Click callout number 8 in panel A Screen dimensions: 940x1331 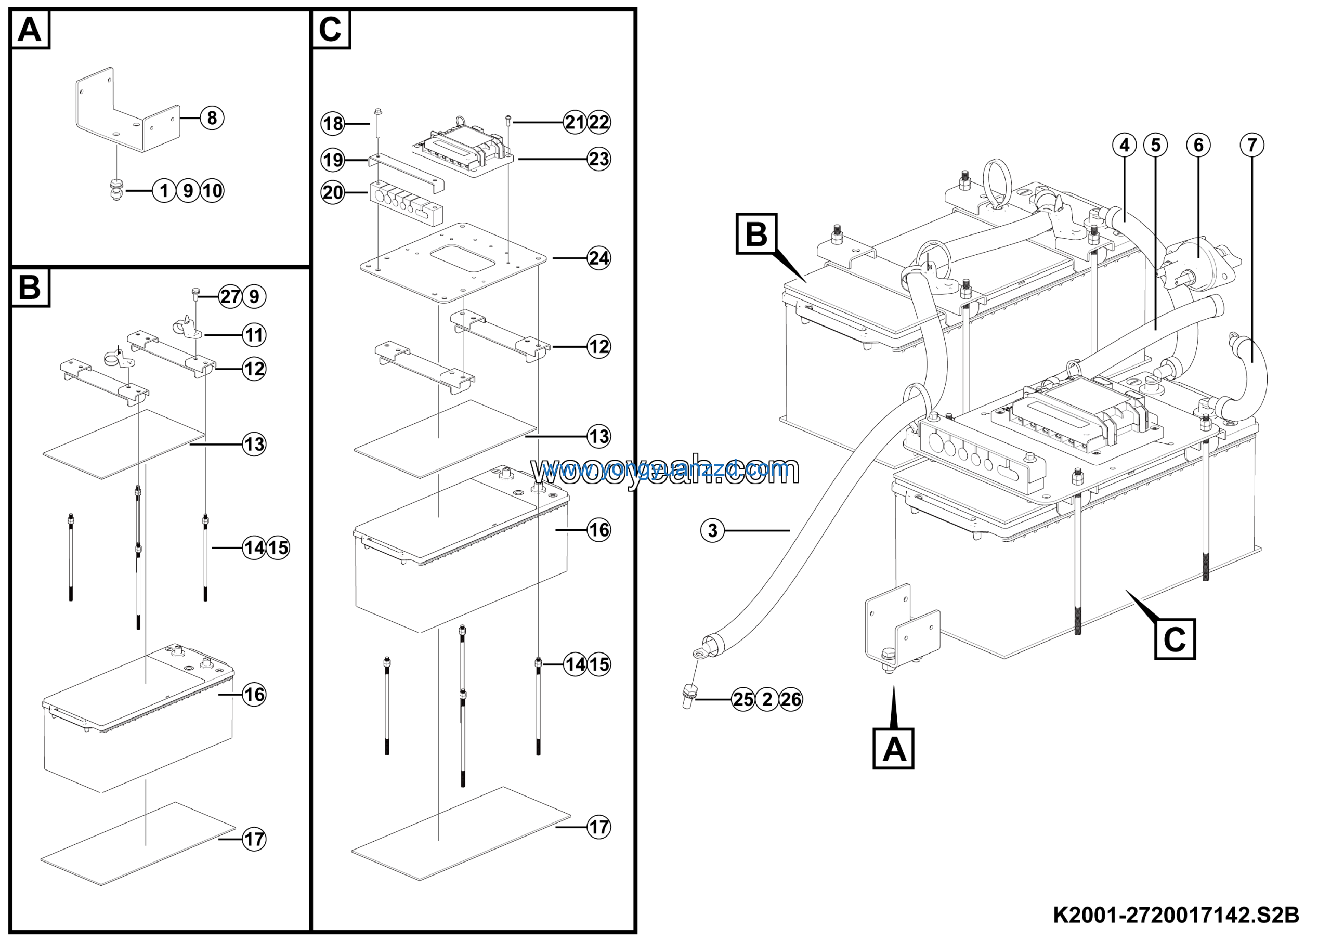click(212, 117)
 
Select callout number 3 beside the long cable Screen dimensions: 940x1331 click(712, 530)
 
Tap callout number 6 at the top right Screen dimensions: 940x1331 click(1198, 145)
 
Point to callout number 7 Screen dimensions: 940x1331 click(1251, 145)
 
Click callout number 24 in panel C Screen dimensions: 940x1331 click(599, 258)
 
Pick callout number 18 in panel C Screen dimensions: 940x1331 click(333, 123)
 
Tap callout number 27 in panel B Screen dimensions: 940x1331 click(230, 297)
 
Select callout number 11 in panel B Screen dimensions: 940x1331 click(254, 335)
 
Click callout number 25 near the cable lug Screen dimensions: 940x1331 click(743, 699)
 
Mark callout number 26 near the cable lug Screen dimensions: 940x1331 click(791, 699)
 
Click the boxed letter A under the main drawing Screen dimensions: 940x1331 click(893, 749)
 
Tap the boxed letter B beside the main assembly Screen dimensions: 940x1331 click(756, 233)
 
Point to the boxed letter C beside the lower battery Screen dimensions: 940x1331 click(1175, 639)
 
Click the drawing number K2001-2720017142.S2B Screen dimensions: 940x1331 click(1176, 916)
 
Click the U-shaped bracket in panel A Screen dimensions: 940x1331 click(127, 113)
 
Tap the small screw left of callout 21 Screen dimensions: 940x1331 click(508, 120)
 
